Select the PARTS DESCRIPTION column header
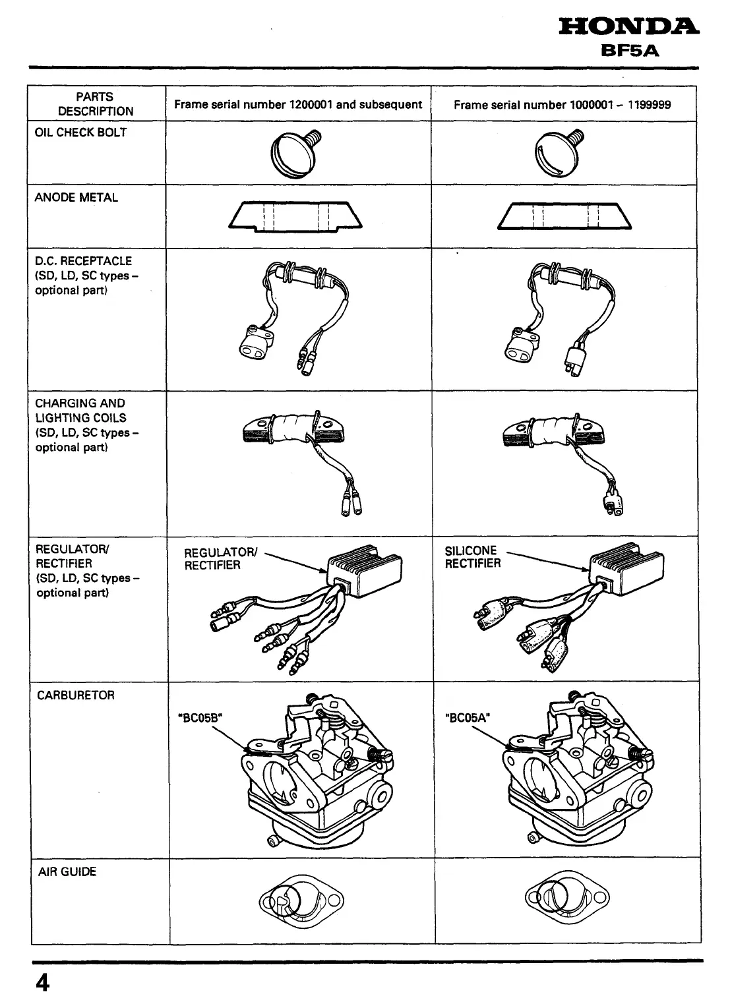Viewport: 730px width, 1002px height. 95,104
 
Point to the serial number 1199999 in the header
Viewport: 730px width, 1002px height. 644,104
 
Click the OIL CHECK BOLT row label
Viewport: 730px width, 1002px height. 80,132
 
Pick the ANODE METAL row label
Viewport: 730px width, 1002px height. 76,197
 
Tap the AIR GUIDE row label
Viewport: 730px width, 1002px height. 67,871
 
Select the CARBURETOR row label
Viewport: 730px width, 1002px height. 75,695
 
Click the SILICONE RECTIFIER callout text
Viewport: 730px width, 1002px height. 472,557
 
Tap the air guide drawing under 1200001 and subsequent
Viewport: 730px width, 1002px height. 301,899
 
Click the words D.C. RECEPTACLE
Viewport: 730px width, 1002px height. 83,261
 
